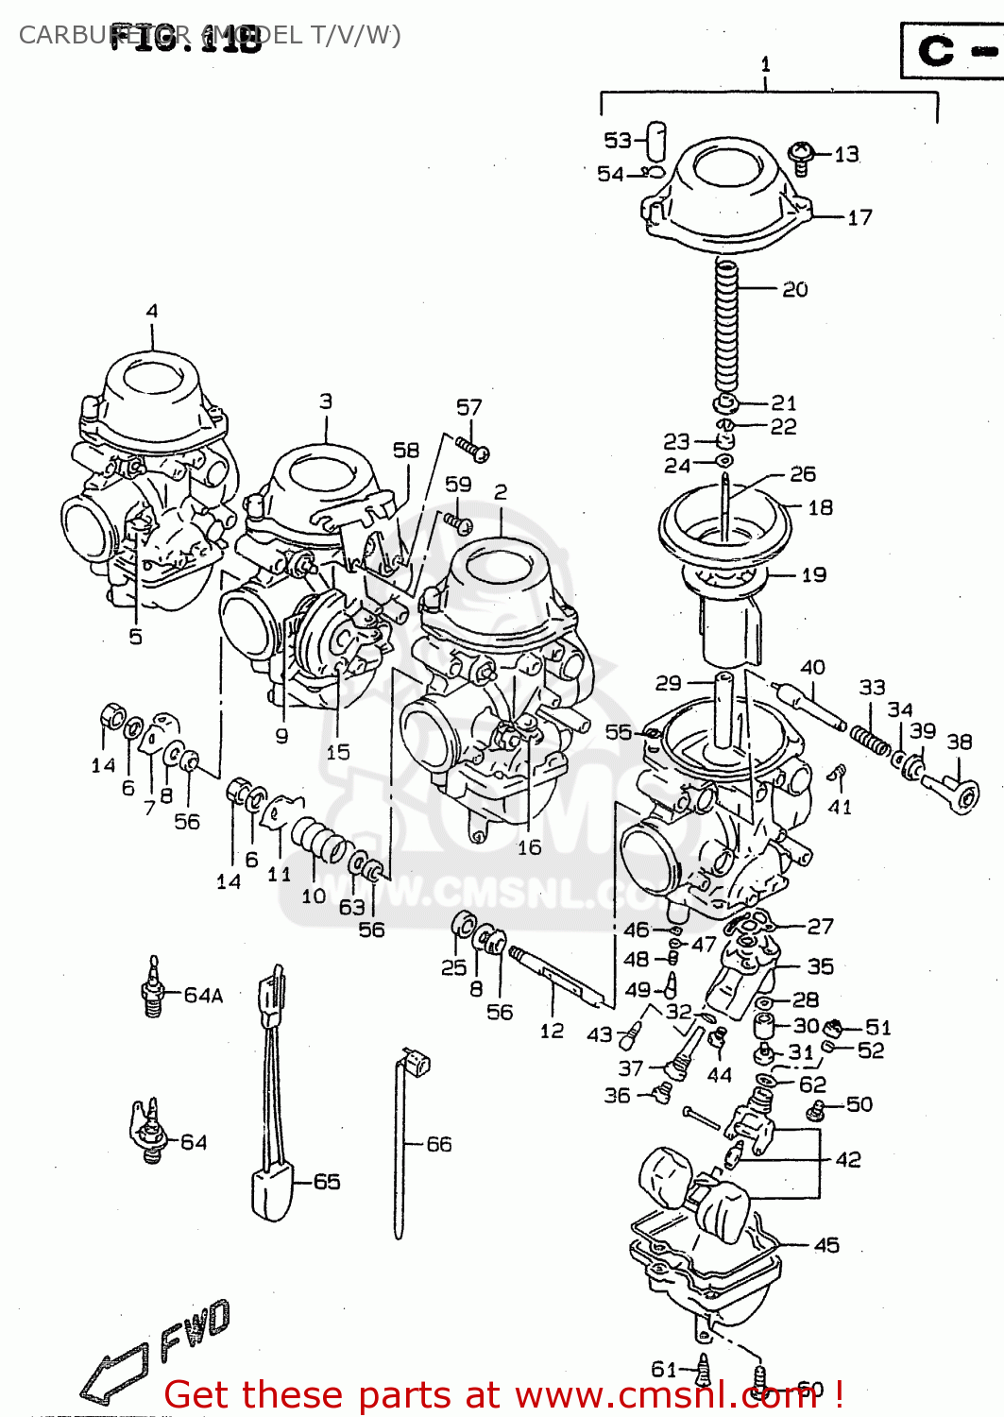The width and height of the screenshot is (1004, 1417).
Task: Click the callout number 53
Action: (617, 140)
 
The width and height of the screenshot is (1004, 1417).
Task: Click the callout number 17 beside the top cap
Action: (859, 217)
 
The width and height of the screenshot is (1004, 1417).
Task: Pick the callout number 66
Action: (439, 1144)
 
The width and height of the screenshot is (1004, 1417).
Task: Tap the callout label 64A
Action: (203, 995)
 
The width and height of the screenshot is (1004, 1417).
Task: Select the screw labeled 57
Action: (473, 448)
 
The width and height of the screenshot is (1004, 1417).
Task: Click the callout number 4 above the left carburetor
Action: (152, 310)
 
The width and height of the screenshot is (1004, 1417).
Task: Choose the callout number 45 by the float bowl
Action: (826, 1245)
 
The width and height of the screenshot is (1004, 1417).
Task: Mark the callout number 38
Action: (960, 742)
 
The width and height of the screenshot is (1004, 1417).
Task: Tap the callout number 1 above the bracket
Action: (765, 64)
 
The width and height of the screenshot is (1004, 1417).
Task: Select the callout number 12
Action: (552, 1031)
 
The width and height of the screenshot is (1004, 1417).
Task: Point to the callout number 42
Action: (847, 1159)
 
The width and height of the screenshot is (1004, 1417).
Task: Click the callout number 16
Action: (529, 847)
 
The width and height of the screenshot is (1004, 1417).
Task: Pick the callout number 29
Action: (668, 682)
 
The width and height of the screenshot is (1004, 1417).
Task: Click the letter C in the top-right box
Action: (936, 50)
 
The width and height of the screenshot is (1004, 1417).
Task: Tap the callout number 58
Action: (406, 450)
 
